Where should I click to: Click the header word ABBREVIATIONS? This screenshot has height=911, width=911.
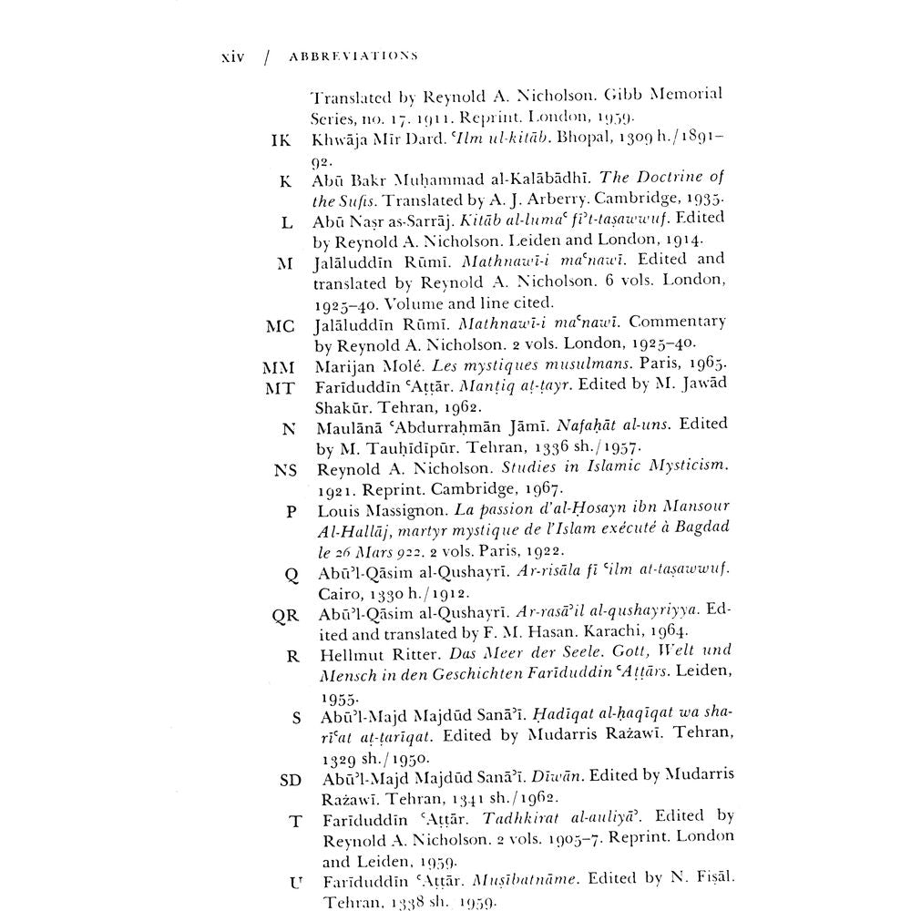click(x=353, y=56)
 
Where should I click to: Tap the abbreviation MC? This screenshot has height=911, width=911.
click(x=280, y=326)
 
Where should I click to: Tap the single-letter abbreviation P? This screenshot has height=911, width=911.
click(x=292, y=511)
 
